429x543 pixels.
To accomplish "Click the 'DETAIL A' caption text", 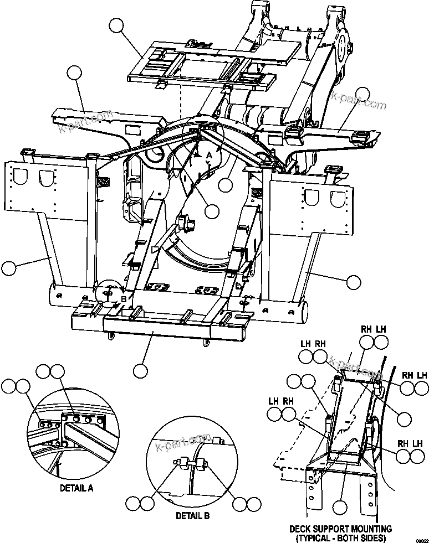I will (76, 488).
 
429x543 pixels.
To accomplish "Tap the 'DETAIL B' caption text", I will (192, 515).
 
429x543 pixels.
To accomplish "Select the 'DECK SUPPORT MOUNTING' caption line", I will (344, 529).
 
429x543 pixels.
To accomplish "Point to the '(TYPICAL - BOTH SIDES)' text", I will (344, 537).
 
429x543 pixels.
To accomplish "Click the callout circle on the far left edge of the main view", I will (9, 268).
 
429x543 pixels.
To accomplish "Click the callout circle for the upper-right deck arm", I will (362, 95).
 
